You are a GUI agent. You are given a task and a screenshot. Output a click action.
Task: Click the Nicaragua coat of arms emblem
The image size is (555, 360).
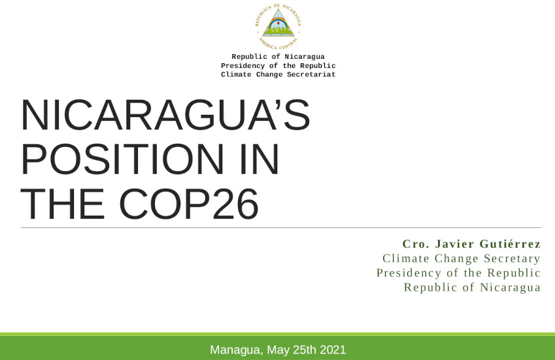pos(278,27)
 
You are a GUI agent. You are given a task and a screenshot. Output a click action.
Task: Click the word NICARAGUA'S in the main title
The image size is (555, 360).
pos(165,115)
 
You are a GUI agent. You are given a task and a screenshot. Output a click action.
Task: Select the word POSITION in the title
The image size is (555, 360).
pos(122,159)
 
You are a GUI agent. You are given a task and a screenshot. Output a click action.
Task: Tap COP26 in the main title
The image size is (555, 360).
pos(189,204)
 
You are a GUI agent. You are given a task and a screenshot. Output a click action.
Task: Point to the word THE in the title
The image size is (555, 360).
pos(63,204)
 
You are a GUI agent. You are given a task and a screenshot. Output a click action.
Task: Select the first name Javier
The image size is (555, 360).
pos(454,244)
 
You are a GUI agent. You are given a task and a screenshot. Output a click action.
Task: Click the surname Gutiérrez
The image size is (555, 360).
pos(510,244)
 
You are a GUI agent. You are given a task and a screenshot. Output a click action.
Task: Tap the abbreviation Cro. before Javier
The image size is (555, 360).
pos(416,244)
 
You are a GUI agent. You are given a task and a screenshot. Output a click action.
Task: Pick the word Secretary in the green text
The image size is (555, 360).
pos(512,259)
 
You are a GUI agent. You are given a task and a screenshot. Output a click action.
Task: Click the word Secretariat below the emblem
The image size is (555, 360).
pos(311,74)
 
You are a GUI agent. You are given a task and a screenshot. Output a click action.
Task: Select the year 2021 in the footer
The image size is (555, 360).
pos(333,350)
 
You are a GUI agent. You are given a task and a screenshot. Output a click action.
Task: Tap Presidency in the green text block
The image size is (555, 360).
pos(409,273)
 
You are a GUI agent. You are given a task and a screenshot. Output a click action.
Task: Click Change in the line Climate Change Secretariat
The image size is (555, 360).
pos(269,74)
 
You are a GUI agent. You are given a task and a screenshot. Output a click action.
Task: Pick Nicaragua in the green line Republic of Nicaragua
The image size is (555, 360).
pos(510,287)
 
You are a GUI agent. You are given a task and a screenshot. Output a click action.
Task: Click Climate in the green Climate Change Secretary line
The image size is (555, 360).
pos(406,259)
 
